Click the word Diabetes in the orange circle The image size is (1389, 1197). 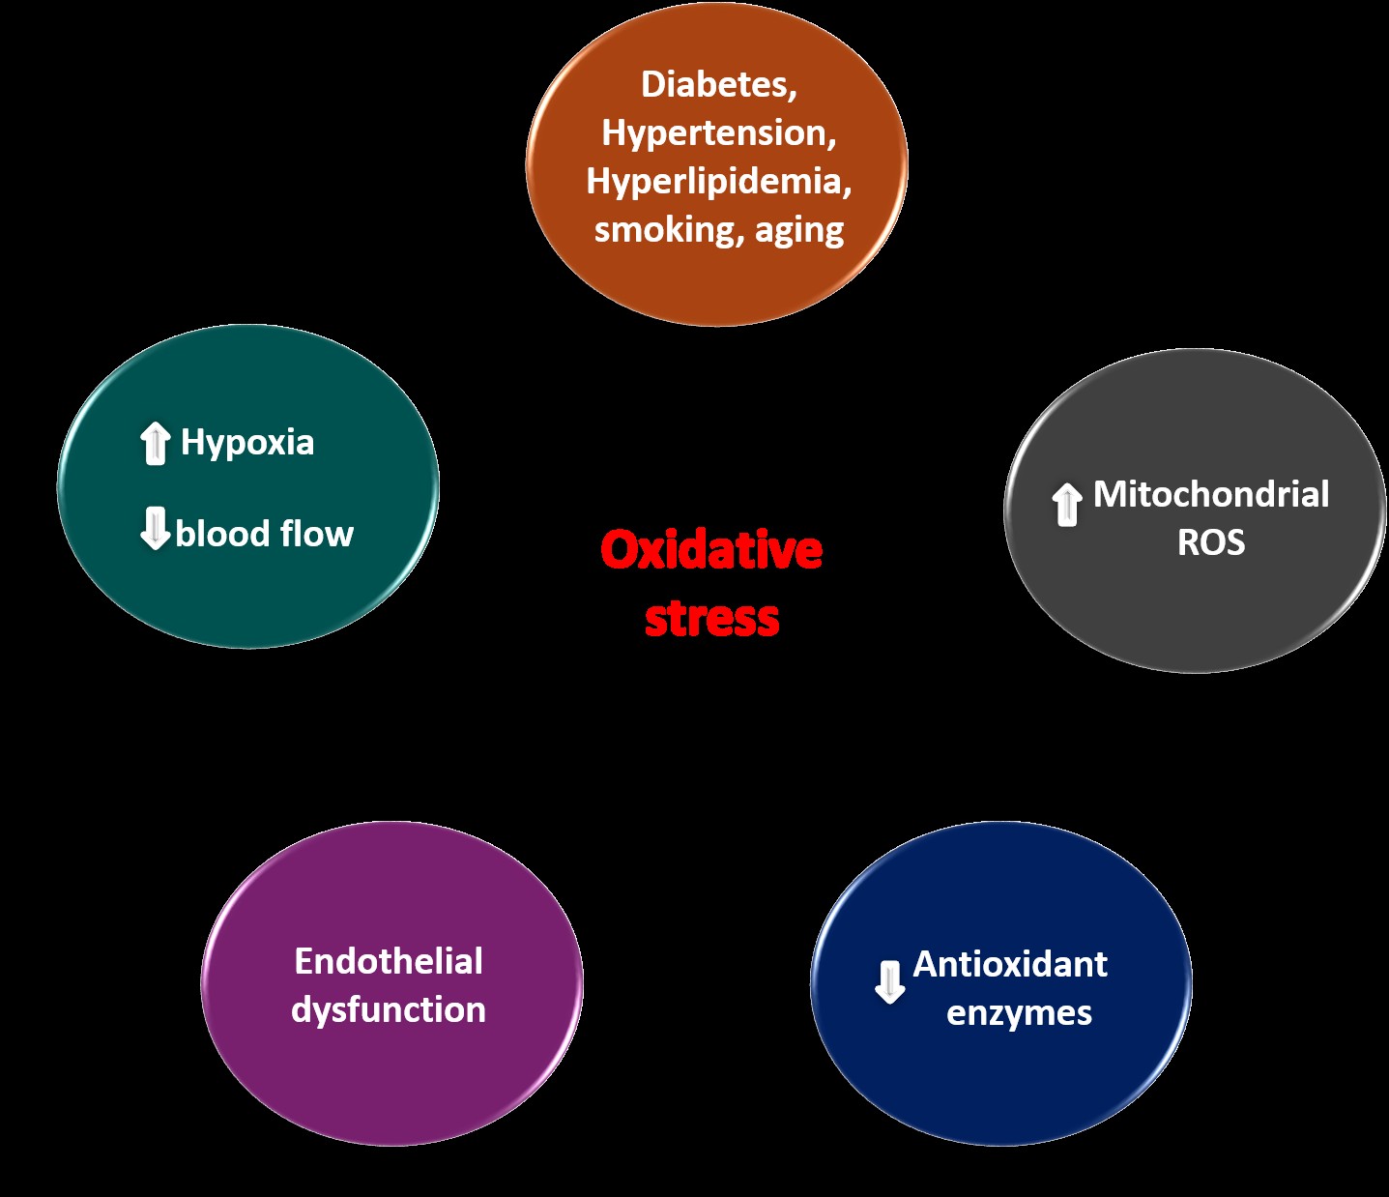click(x=714, y=85)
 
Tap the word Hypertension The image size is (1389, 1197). click(x=715, y=133)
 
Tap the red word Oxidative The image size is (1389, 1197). click(x=711, y=550)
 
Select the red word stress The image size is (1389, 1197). click(x=711, y=619)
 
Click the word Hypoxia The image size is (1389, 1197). click(x=247, y=443)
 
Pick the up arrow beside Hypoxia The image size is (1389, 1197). click(x=155, y=444)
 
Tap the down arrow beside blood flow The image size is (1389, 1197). click(x=155, y=528)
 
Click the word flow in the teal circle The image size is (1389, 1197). click(x=316, y=534)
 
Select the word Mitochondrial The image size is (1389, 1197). click(x=1211, y=494)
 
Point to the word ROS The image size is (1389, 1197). click(x=1210, y=542)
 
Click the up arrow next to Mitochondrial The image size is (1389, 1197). click(x=1066, y=504)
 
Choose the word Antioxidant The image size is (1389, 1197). click(x=1010, y=964)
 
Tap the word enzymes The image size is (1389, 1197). click(x=1019, y=1013)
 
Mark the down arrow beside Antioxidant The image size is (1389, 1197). click(x=889, y=981)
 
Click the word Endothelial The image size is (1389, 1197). click(x=389, y=961)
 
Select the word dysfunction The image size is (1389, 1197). click(x=389, y=1010)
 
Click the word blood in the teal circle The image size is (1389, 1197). click(x=222, y=534)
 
